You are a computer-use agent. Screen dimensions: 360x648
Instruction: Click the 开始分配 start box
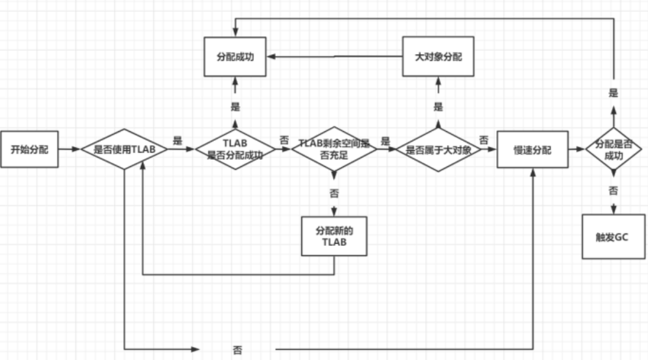click(29, 149)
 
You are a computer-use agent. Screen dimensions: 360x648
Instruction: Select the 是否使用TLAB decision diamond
click(124, 150)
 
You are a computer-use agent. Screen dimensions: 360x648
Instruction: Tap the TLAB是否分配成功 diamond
click(235, 150)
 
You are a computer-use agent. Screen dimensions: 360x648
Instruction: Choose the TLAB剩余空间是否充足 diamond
click(334, 150)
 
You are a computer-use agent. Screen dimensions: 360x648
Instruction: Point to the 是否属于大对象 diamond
click(438, 150)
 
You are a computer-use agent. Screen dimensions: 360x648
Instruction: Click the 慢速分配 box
click(532, 150)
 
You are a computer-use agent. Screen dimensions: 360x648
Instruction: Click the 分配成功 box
click(235, 56)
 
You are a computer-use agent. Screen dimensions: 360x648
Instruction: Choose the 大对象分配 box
click(438, 56)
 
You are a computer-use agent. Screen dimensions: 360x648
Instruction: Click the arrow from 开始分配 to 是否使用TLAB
click(69, 150)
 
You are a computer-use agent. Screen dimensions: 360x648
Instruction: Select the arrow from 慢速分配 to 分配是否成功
click(576, 150)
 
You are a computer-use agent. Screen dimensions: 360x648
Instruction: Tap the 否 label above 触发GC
click(613, 191)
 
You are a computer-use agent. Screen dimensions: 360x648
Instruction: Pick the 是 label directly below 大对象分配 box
click(438, 107)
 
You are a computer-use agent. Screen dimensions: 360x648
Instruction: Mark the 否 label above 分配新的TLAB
click(334, 193)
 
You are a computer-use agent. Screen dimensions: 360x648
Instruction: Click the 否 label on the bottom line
click(237, 349)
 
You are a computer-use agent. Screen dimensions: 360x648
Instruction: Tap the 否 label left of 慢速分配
click(484, 140)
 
